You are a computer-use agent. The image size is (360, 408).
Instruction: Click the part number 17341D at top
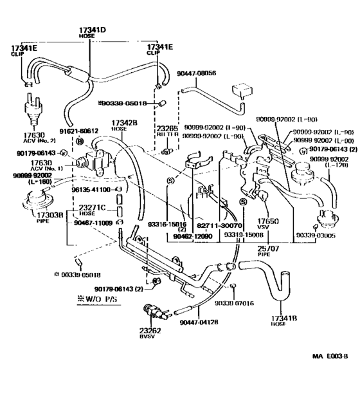(x=92, y=30)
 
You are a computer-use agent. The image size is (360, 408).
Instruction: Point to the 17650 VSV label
(x=267, y=223)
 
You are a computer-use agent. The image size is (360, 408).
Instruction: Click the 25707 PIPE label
(x=267, y=250)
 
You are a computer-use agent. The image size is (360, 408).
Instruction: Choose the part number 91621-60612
(x=80, y=131)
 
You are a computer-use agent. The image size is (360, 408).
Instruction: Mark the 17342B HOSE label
(x=123, y=125)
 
